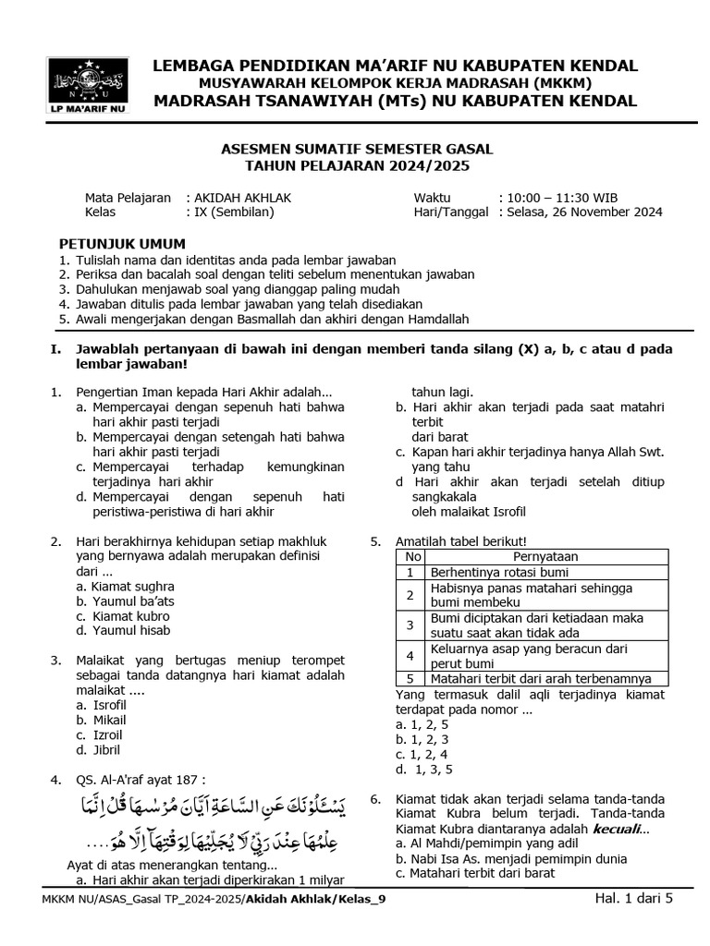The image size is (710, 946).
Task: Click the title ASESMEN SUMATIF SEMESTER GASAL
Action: tap(358, 149)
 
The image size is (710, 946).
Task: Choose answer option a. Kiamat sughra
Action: tap(126, 587)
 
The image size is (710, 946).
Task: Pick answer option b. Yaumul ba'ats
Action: tap(126, 601)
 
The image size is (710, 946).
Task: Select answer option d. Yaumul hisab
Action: tap(125, 631)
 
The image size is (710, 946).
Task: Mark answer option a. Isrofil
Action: tap(102, 705)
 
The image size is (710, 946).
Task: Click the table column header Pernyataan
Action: tap(545, 557)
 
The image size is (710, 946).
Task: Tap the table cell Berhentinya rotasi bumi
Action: tap(498, 573)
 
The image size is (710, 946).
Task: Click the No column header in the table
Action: tap(413, 557)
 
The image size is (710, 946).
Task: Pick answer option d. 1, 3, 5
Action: tap(424, 770)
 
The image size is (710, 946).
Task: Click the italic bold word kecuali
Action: tap(618, 829)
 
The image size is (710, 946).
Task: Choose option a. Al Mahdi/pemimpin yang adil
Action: tap(469, 843)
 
